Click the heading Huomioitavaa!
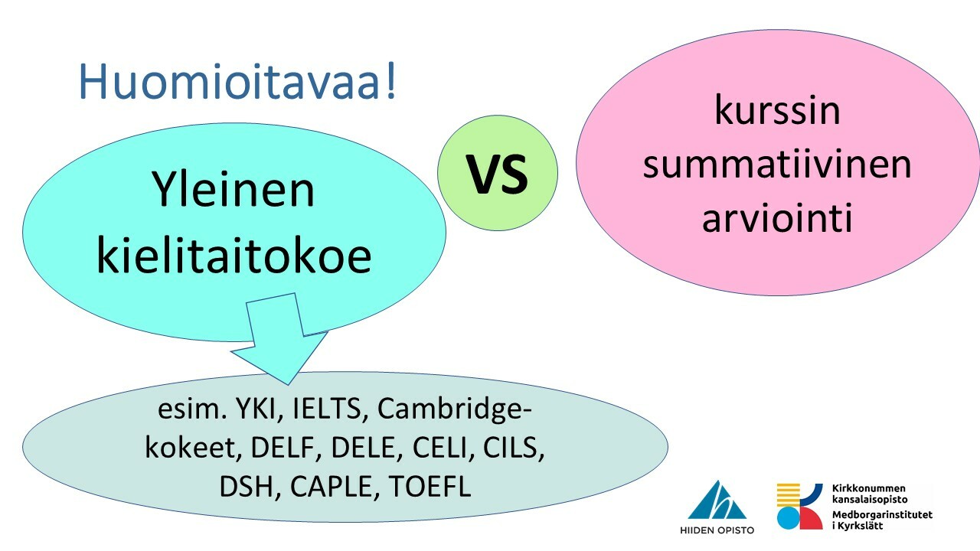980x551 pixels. [237, 82]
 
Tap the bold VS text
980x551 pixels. [498, 174]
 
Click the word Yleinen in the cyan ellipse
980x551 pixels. [234, 189]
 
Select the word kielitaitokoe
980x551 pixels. [234, 256]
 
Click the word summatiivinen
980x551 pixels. [777, 165]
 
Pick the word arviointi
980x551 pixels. [777, 217]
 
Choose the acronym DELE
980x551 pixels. [364, 448]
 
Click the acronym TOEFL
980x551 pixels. [430, 486]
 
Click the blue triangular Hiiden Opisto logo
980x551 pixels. [717, 500]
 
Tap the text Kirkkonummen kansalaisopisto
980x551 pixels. [869, 494]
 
